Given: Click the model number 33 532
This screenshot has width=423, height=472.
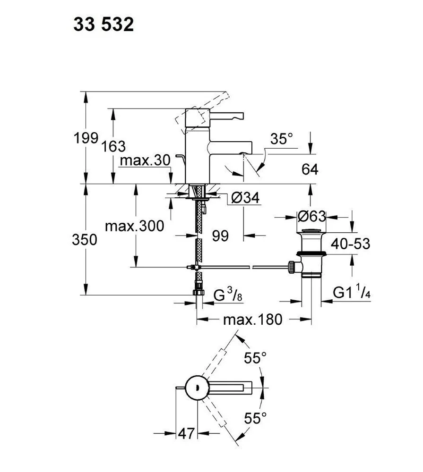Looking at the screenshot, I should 104,25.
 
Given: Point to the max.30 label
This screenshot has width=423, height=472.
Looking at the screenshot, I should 144,160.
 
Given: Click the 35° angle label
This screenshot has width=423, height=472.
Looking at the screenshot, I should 282,139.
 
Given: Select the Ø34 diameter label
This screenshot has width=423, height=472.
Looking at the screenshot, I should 246,199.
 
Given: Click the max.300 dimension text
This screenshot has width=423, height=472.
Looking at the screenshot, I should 134,226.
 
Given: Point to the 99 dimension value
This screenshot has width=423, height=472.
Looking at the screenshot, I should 220,236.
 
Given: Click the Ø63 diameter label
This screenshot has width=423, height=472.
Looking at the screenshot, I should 312,216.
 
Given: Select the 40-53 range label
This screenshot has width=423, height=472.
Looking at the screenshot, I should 350,244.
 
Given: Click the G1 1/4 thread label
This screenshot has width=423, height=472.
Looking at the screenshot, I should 351,293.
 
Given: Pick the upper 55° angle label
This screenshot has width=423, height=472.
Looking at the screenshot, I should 256,358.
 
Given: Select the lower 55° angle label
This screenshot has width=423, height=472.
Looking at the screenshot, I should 256,418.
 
